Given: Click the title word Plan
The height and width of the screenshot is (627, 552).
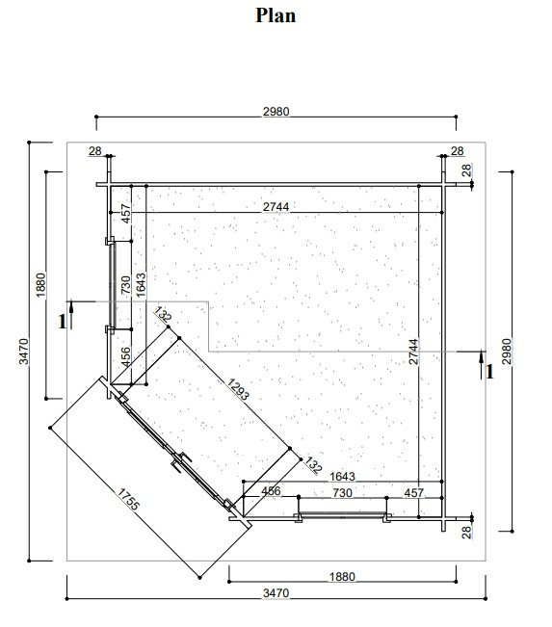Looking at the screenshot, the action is [276, 16].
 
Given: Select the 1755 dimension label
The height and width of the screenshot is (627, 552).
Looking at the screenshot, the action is [128, 500].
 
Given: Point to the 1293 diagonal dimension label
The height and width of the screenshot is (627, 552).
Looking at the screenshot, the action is [238, 389].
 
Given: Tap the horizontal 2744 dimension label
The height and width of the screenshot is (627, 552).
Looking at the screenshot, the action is [276, 207].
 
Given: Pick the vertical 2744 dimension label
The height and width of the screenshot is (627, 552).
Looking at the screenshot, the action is [413, 352].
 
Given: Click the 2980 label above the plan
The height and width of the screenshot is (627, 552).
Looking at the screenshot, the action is [276, 111].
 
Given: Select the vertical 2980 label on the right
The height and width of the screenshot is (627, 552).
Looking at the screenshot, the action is [507, 352].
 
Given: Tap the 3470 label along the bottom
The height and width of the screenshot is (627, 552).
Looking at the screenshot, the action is [276, 592].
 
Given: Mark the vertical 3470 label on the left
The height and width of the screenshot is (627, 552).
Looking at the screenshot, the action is [23, 352].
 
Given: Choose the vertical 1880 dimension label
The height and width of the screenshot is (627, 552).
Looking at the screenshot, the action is [40, 285].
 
